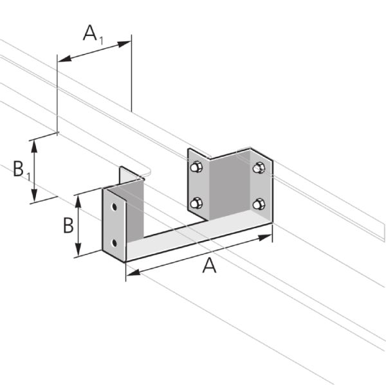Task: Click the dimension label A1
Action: [93, 33]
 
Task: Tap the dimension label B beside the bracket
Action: [68, 226]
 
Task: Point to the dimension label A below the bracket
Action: [210, 265]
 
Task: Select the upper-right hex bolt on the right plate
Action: [259, 168]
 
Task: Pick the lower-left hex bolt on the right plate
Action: [196, 204]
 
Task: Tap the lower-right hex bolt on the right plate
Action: [259, 204]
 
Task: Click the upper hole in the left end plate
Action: [115, 208]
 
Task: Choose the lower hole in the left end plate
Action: [115, 242]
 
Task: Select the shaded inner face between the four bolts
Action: [228, 186]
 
